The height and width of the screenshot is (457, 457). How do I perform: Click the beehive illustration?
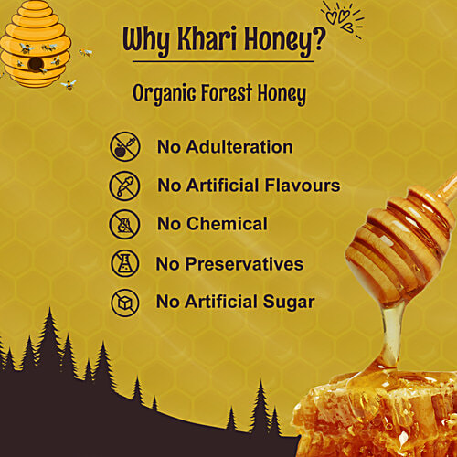(35, 50)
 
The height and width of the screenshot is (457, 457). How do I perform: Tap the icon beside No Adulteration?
(123, 146)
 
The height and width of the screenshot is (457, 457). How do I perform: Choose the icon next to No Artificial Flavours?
(123, 186)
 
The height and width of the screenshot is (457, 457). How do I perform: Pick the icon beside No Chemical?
(123, 225)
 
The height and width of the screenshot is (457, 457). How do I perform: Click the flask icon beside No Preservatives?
(123, 264)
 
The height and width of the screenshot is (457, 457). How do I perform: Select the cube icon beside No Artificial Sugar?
(123, 303)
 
